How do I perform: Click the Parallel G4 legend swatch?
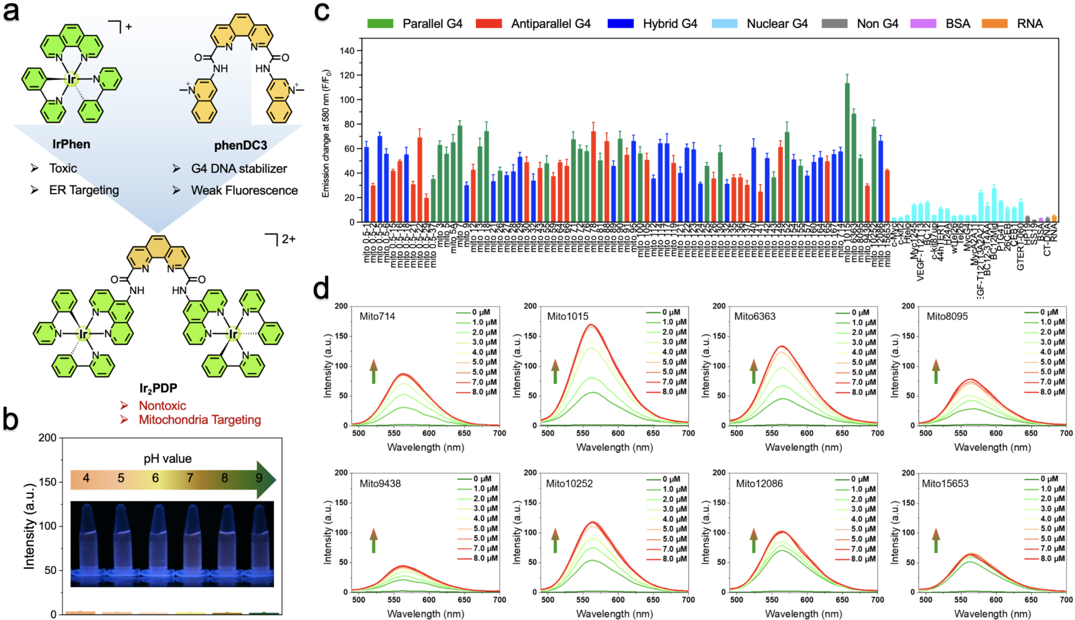click(380, 23)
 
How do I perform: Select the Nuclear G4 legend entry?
click(777, 23)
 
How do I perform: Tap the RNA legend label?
click(1030, 23)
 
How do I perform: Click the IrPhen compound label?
click(71, 144)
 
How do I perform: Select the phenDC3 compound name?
click(240, 146)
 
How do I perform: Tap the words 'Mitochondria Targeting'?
click(199, 420)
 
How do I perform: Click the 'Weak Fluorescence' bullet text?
click(244, 190)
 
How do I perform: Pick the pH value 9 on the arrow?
click(259, 478)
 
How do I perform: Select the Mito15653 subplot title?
click(944, 483)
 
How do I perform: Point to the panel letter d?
click(321, 289)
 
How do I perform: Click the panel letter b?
click(10, 419)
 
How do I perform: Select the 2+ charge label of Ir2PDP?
click(288, 239)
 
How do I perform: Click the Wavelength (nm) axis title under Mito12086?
click(803, 614)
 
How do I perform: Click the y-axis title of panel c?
click(326, 133)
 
